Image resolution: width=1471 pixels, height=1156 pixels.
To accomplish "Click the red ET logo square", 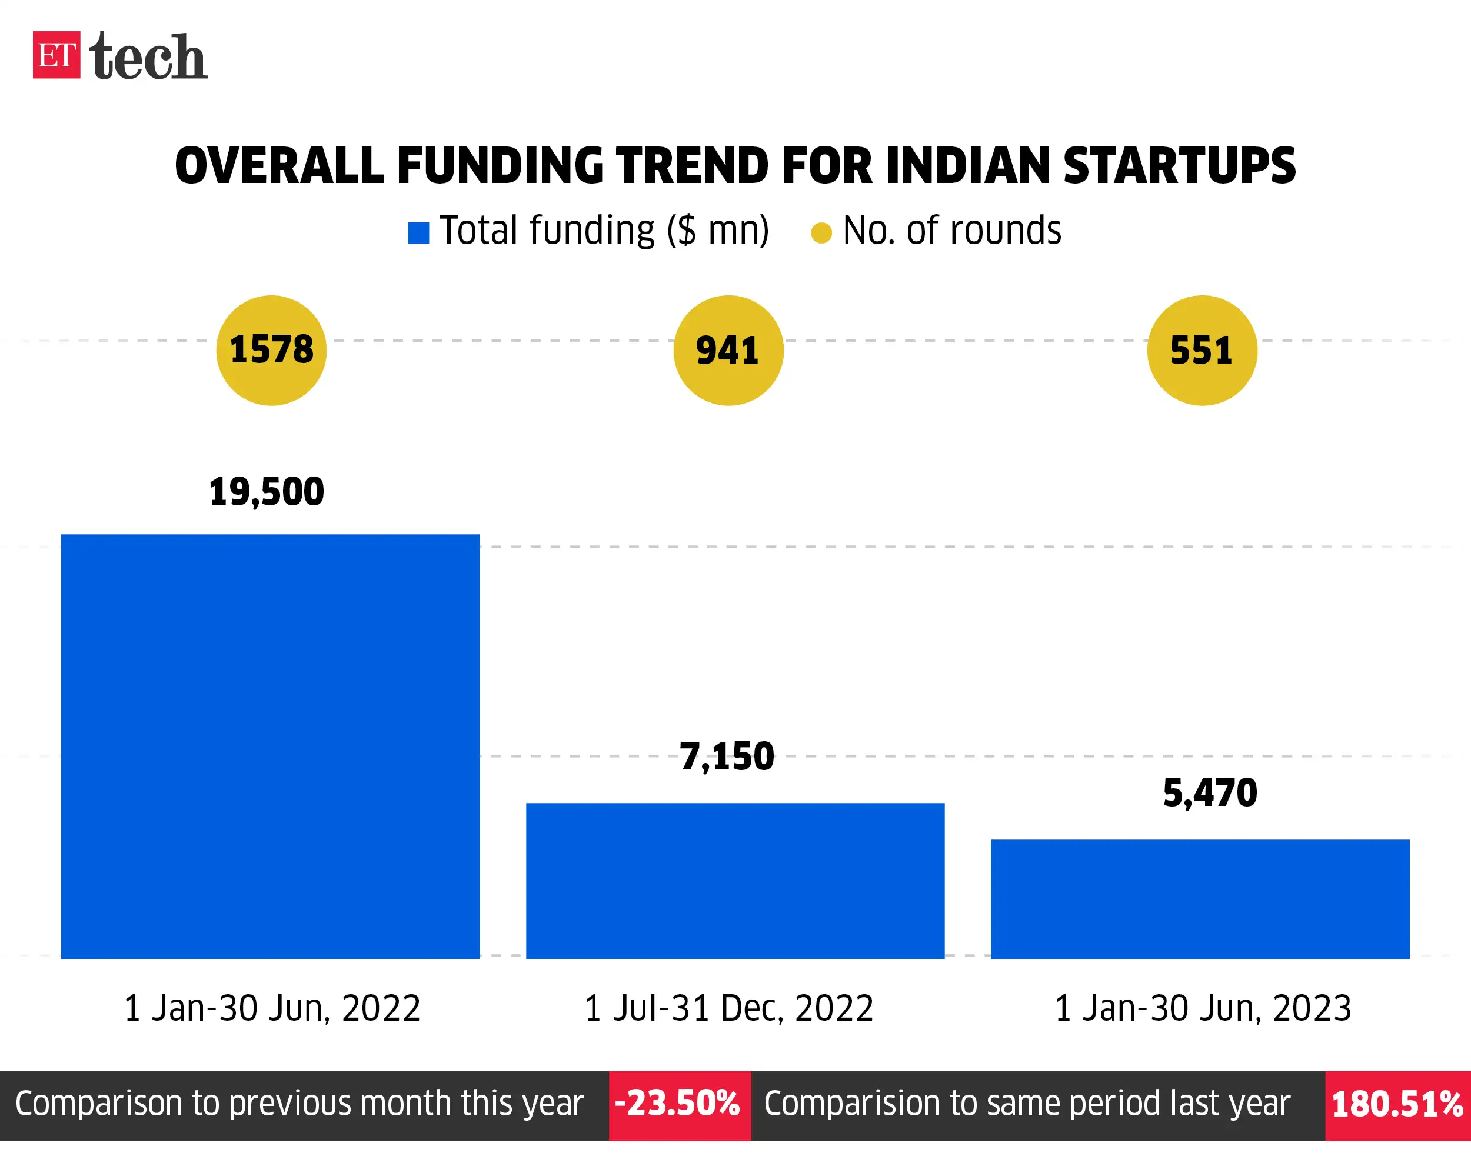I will coord(56,55).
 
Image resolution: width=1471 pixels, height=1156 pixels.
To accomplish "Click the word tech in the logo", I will coord(148,57).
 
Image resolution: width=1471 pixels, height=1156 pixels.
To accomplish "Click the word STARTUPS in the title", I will coord(1179,166).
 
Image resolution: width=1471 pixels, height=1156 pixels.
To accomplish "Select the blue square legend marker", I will coord(418,233).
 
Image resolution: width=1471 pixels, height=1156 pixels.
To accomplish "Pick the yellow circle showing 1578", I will coord(271,351).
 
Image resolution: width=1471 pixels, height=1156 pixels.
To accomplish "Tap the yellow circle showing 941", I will coord(728,351).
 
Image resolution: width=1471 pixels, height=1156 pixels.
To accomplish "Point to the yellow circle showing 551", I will coord(1202,351).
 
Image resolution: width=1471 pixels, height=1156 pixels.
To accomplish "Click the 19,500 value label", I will coord(266,492).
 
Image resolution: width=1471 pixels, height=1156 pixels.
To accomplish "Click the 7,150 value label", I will coord(726,757).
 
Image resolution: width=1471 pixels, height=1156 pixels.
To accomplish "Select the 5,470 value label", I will coord(1210,793).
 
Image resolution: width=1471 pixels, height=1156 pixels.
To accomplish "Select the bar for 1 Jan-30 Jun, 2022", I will coord(270,746).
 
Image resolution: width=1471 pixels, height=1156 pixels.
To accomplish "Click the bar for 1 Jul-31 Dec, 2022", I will coord(735,881).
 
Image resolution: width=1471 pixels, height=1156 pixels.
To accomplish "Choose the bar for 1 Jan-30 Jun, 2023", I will coord(1200,899).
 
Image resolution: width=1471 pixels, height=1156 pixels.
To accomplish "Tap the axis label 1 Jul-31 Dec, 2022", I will coord(728,1008).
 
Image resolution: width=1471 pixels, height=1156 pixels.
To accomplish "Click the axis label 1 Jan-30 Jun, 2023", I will coord(1202,1008).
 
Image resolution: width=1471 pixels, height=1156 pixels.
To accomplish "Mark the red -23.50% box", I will coord(679,1106).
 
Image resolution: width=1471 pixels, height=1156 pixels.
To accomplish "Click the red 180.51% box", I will coord(1397,1106).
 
